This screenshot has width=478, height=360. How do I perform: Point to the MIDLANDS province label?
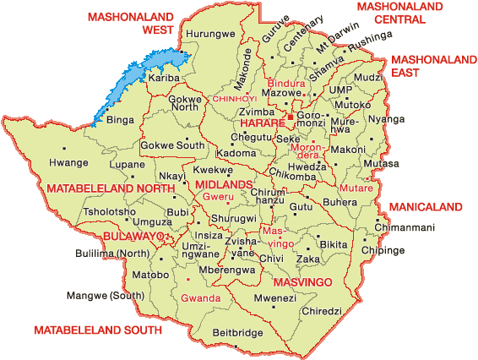(x=224, y=184)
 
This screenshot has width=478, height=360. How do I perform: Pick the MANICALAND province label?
(x=425, y=206)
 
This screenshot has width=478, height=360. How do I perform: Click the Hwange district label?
(x=68, y=162)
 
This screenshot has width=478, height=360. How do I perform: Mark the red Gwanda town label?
(x=201, y=298)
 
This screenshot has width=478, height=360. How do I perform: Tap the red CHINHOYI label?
(x=233, y=99)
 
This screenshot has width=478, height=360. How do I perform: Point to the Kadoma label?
(x=236, y=153)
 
